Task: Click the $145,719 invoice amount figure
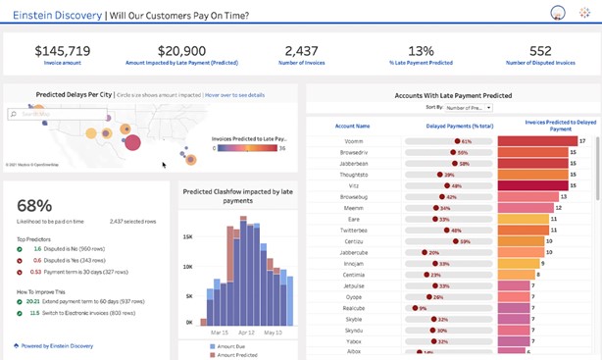(63, 50)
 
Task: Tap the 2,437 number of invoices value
(301, 50)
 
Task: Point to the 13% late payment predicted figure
(421, 50)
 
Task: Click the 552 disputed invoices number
(540, 50)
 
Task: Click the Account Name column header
(351, 126)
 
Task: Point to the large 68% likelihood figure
(34, 205)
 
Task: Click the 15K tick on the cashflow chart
(187, 237)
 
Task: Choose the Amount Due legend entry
(227, 347)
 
